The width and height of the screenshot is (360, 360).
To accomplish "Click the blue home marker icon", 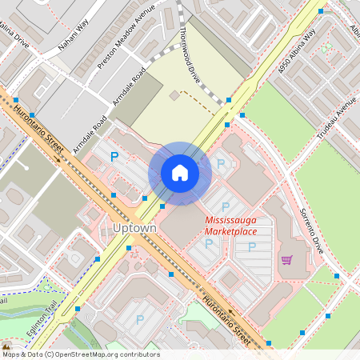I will pos(180,173).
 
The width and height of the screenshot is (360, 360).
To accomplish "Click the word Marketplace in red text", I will pos(230,231).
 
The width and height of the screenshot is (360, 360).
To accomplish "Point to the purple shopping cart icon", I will pos(286,259).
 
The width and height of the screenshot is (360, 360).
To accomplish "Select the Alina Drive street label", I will pos(14,36).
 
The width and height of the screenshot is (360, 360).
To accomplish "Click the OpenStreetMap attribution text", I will pos(80,354).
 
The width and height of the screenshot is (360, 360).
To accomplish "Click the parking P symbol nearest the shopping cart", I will pos(252,246).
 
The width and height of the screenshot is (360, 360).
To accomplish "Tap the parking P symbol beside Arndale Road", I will pos(114,157).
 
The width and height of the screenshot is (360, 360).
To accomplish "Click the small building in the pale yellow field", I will pos(174,96).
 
